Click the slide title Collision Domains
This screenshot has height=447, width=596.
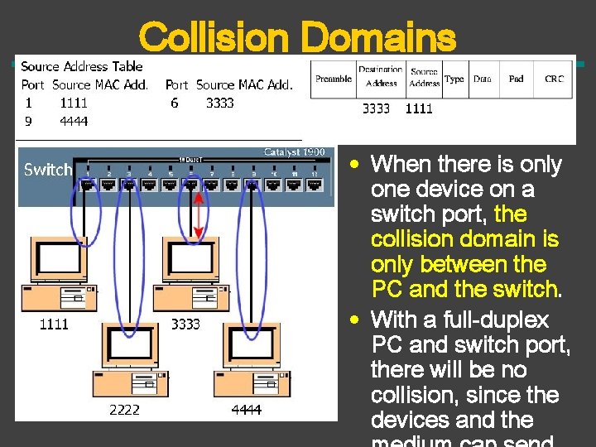pyautogui.click(x=297, y=36)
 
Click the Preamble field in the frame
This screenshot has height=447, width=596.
pyautogui.click(x=333, y=79)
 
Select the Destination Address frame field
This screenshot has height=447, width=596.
pyautogui.click(x=381, y=76)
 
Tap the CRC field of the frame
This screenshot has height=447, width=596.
pyautogui.click(x=554, y=79)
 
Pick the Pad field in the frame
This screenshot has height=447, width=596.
pyautogui.click(x=516, y=79)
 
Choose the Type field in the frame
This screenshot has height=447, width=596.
pyautogui.click(x=454, y=79)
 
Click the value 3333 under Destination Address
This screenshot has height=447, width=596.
pyautogui.click(x=376, y=108)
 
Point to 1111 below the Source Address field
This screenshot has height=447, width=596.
pyautogui.click(x=418, y=108)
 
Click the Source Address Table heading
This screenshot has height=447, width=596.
pyautogui.click(x=82, y=66)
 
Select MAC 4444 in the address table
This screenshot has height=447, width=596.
pyautogui.click(x=74, y=121)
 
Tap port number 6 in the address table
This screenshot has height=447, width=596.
pyautogui.click(x=174, y=103)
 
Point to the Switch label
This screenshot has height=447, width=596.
pyautogui.click(x=47, y=170)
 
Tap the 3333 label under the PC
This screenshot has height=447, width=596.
pyautogui.click(x=185, y=324)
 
